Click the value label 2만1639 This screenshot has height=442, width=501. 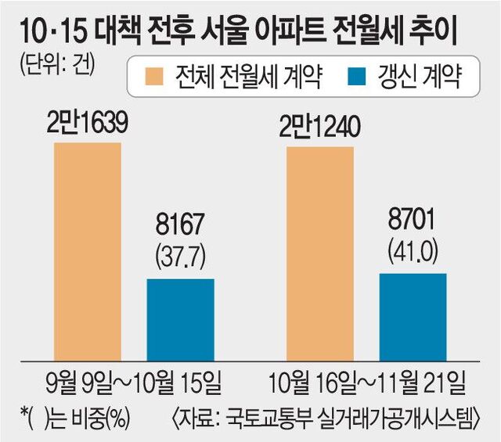[x=86, y=124]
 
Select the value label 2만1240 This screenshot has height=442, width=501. [x=320, y=124]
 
